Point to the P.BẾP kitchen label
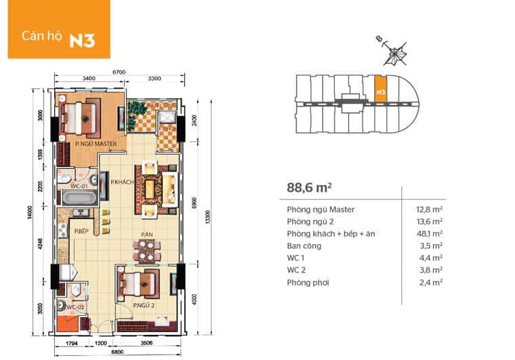83,233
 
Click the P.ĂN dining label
146,235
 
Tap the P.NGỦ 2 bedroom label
127,306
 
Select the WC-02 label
75,308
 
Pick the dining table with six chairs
146,251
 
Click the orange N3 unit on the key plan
381,90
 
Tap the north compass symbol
393,50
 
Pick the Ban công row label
304,245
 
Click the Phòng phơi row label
307,282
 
